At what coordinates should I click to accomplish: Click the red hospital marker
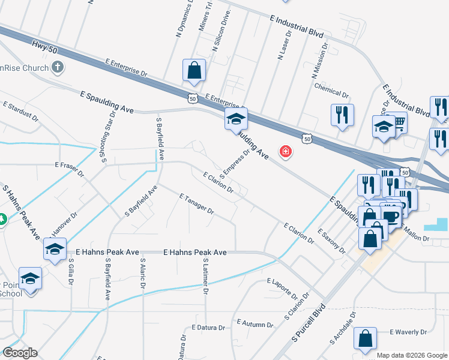(x=286, y=152)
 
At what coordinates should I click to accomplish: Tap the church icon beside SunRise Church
(x=57, y=67)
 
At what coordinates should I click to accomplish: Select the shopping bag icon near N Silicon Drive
(x=194, y=70)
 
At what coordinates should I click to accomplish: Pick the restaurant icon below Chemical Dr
(x=342, y=115)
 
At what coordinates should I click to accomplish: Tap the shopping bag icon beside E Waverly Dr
(x=365, y=338)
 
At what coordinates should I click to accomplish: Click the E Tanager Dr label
(x=196, y=203)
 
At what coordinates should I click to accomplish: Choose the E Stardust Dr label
(x=20, y=112)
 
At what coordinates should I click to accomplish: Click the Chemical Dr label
(x=331, y=89)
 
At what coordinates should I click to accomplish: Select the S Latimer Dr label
(x=205, y=278)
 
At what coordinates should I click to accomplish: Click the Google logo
(x=20, y=352)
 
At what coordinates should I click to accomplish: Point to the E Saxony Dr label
(x=332, y=240)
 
